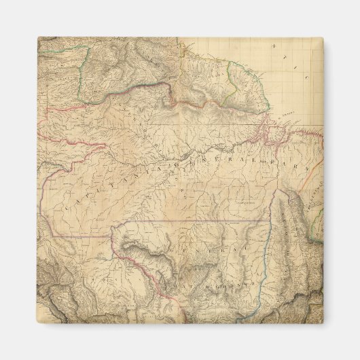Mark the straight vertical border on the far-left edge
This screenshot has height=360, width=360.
point(41,204)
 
